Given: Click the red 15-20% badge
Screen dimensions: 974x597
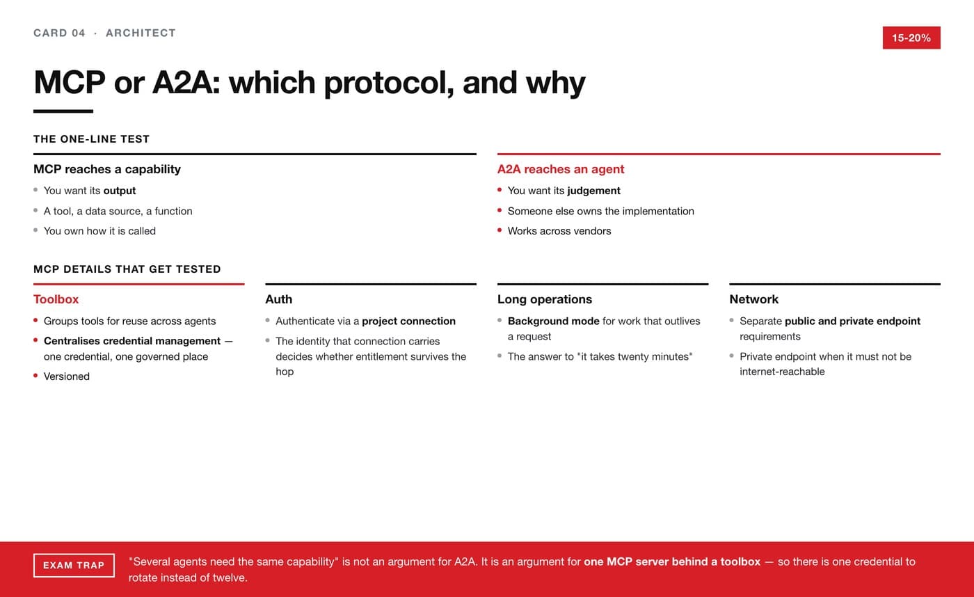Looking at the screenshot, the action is point(911,38).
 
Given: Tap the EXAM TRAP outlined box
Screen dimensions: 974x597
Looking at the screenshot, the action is point(74,565).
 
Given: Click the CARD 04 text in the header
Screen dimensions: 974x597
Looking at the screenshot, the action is point(59,33).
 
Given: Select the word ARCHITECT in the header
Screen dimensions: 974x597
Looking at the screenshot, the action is point(141,33).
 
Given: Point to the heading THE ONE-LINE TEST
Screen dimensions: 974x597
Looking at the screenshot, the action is point(91,139).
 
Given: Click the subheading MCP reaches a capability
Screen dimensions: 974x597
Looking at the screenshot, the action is point(107,169).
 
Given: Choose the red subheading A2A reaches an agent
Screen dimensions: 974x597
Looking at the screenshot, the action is point(561,169).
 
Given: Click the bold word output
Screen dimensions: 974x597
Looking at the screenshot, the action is point(120,191).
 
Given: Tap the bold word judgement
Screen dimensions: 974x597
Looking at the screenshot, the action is point(593,191).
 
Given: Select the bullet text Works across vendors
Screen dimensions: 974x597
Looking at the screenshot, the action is point(559,231).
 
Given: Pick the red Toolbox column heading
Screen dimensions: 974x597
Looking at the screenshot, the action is point(56,299).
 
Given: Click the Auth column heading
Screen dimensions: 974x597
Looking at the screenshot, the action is point(279,299).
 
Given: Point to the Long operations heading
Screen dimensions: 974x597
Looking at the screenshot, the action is point(544,299).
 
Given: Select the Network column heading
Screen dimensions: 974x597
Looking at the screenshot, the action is point(754,299).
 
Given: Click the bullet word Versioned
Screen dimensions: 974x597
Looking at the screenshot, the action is point(67,376).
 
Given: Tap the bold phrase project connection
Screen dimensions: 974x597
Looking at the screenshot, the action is point(409,321).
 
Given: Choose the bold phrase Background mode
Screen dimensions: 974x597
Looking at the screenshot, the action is point(554,321).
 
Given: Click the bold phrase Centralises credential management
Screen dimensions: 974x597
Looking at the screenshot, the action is point(132,341).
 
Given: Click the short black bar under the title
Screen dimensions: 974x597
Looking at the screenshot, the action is point(63,111).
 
